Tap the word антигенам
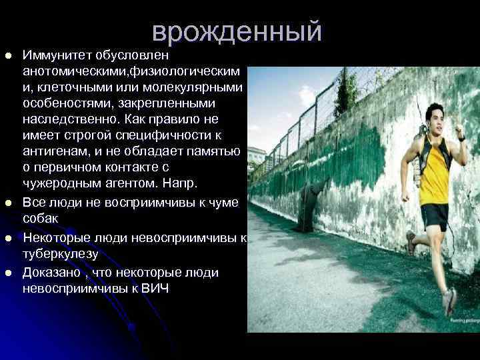coord(55,151)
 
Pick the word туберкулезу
coord(61,254)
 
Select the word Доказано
coord(50,272)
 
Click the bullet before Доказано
coord(9,273)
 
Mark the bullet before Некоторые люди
coord(9,238)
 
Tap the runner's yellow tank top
coord(434,175)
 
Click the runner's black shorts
coord(435,215)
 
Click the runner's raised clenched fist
coord(459,126)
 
